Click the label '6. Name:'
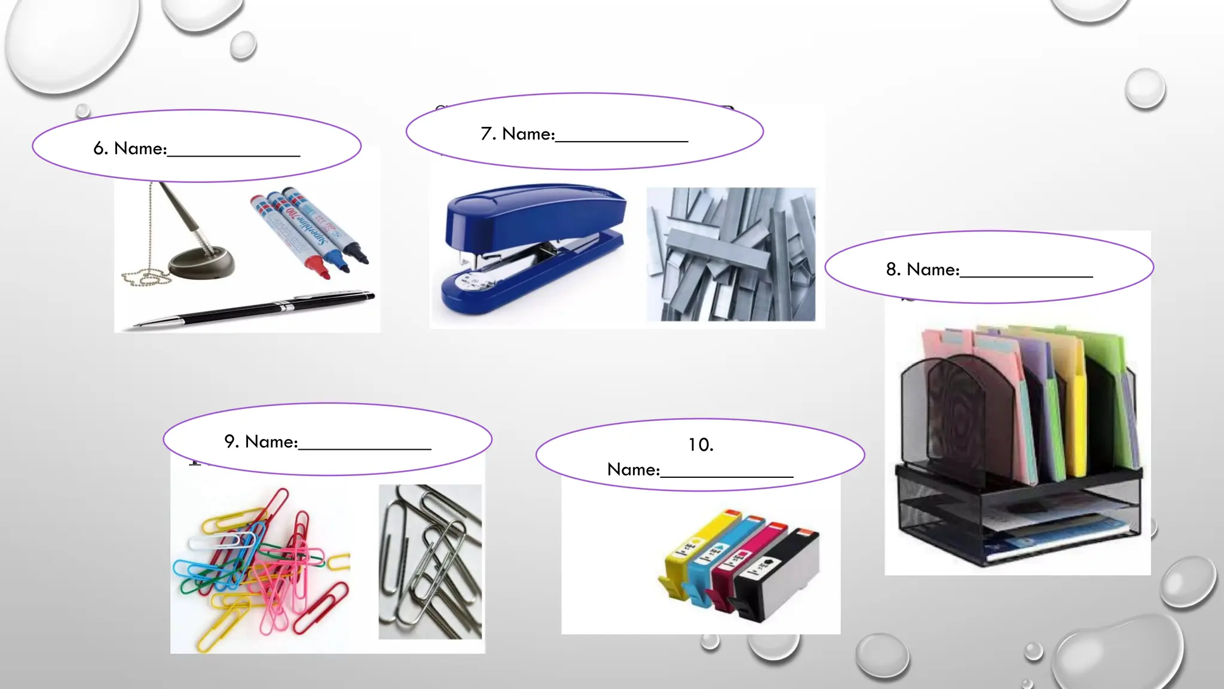(x=130, y=148)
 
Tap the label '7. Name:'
(x=518, y=134)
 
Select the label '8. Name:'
(x=922, y=270)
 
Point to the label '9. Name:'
(x=261, y=441)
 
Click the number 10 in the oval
(x=700, y=445)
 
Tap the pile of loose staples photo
(x=730, y=254)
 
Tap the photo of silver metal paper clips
(x=430, y=562)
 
